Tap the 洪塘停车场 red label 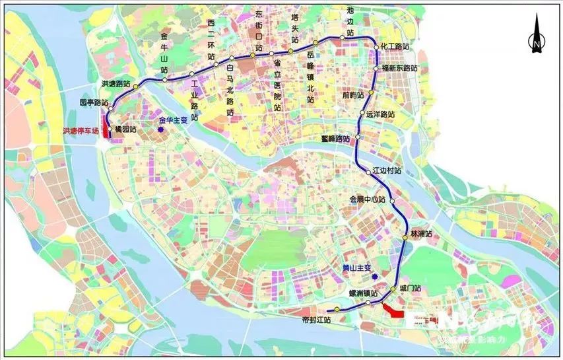tap(80, 131)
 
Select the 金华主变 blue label tap(174, 121)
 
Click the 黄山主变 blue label tap(357, 268)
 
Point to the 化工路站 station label tap(396, 48)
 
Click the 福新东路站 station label tap(400, 68)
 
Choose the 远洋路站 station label tap(381, 114)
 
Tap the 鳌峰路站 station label tap(335, 139)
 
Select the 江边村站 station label tap(387, 170)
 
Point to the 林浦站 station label tap(421, 234)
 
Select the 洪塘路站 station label tap(115, 85)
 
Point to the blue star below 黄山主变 tap(374, 277)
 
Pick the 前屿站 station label tap(353, 94)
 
